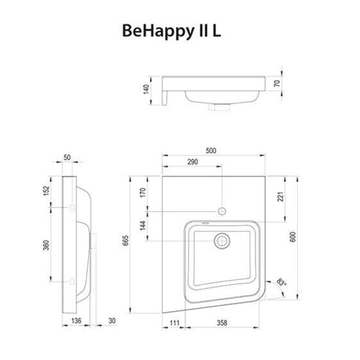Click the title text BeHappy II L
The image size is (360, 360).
click(172, 31)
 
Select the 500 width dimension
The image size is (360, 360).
click(211, 151)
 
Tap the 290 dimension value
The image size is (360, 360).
click(192, 163)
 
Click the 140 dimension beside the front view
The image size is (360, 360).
click(146, 89)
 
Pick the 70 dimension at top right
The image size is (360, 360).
click(277, 83)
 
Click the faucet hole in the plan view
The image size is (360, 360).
click(222, 211)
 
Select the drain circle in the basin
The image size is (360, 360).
click(222, 240)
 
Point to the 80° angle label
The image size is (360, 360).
click(282, 282)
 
